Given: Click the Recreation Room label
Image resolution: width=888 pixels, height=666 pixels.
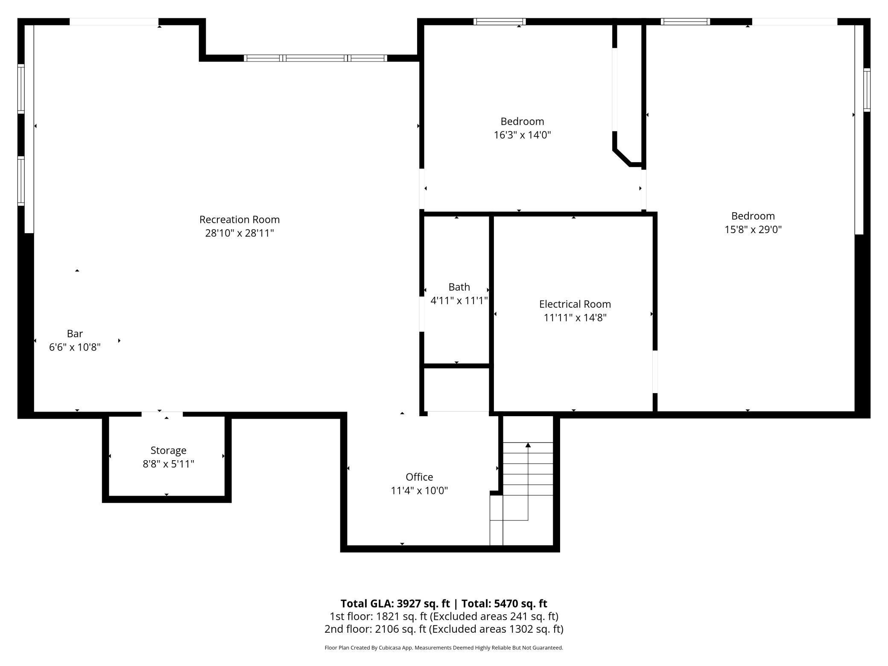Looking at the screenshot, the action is (x=240, y=219).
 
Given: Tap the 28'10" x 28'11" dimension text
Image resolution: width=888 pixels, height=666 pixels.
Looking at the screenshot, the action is (x=240, y=233).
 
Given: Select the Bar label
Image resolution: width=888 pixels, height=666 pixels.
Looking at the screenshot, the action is (x=75, y=333).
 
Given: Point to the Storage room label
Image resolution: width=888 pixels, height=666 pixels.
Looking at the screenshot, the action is (x=168, y=450).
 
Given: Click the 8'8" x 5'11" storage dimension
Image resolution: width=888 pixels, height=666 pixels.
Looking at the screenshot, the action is (x=168, y=464).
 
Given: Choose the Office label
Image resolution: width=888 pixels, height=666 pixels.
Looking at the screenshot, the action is (x=419, y=477).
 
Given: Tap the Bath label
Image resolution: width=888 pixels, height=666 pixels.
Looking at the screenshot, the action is (x=459, y=287).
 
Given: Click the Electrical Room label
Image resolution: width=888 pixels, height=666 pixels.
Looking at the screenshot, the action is (x=575, y=304).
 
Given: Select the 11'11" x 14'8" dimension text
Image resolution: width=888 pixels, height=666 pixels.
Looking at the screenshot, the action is (x=575, y=318).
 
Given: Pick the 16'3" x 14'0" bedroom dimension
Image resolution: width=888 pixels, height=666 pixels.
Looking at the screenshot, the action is (x=522, y=135).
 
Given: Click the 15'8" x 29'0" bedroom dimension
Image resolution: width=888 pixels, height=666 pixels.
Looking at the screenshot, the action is (x=753, y=229).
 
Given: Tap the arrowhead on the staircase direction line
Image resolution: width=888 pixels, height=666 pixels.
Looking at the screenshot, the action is (x=528, y=445).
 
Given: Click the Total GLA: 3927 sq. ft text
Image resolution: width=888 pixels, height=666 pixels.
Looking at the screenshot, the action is (x=395, y=603).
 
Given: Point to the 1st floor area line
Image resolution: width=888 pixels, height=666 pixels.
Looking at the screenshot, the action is (x=444, y=616).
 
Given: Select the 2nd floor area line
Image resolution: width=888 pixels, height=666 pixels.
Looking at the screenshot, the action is (x=444, y=629).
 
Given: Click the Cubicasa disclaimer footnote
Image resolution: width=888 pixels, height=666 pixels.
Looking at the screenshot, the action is (x=444, y=648).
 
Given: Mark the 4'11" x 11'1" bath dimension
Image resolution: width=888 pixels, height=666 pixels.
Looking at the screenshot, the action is (x=459, y=301).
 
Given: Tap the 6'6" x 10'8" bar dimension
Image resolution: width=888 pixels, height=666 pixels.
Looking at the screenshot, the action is (x=75, y=347).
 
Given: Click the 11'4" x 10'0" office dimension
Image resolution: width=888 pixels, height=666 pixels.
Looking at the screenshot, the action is (x=419, y=491).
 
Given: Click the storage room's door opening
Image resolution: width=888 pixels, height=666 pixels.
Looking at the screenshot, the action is (x=162, y=414).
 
